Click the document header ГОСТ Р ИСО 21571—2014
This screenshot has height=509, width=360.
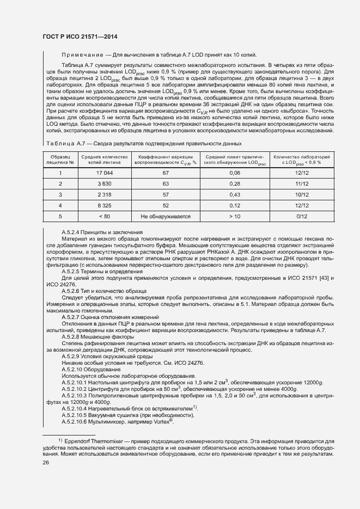(x=80, y=36)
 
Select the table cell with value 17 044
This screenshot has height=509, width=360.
(x=103, y=173)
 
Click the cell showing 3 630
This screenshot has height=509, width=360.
(x=103, y=183)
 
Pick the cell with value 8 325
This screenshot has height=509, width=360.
(x=103, y=205)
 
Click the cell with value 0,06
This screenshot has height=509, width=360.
(x=235, y=173)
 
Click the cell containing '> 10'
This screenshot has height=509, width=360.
(x=235, y=216)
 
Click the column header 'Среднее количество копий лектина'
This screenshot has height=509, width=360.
(x=103, y=159)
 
